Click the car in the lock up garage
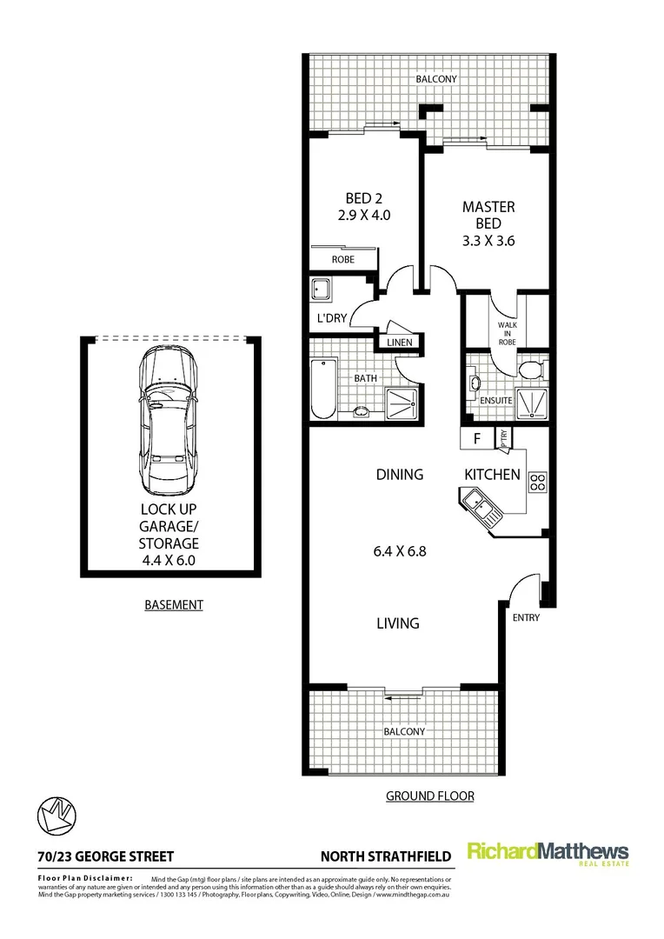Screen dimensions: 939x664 click(169, 418)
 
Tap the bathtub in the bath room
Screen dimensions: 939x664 click(320, 390)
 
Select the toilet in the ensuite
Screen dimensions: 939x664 click(530, 371)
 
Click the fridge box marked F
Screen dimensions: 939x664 click(475, 439)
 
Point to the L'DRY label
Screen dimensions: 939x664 click(331, 318)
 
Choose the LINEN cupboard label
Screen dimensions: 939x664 click(399, 343)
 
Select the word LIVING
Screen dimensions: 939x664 click(398, 623)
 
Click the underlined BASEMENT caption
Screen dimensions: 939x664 click(173, 604)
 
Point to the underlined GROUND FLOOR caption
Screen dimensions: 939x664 click(429, 796)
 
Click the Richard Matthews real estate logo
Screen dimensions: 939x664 click(548, 854)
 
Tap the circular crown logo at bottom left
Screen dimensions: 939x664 click(56, 816)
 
